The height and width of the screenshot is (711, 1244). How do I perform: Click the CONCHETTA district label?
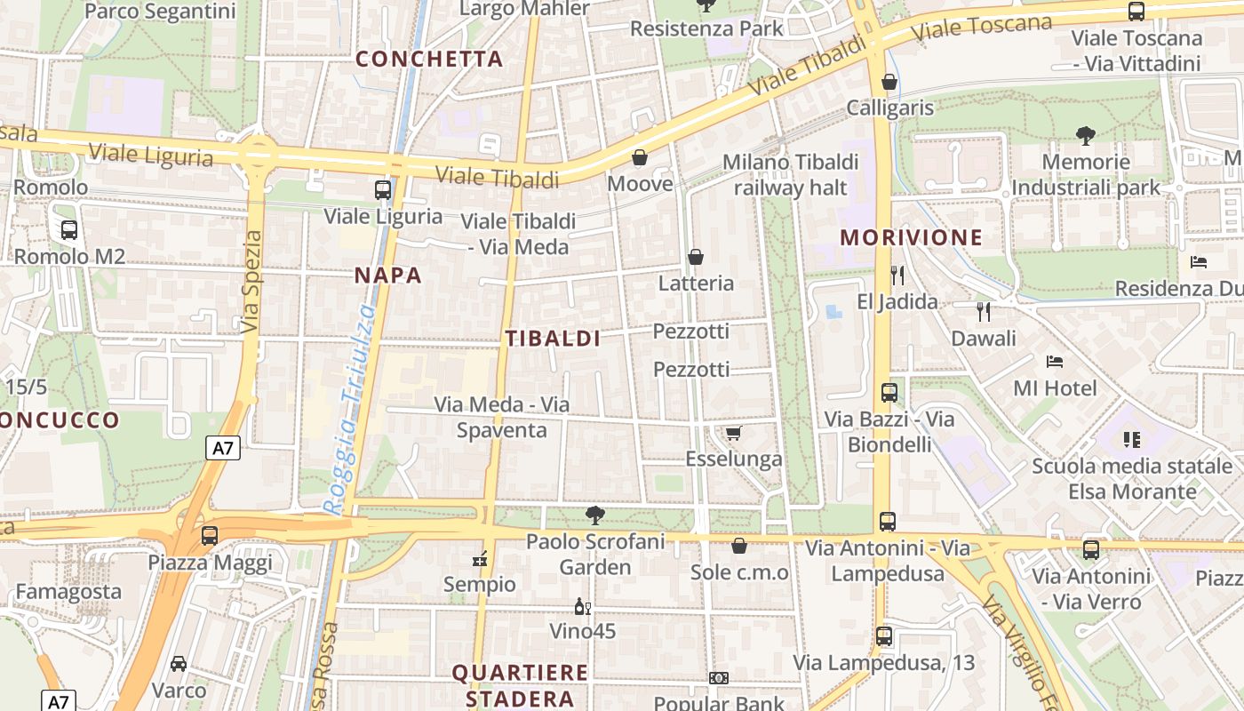click(429, 60)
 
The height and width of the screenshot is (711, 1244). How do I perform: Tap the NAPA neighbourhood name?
click(388, 276)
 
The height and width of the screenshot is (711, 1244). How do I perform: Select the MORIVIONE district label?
click(912, 238)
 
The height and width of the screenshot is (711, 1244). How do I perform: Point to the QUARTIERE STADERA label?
click(520, 685)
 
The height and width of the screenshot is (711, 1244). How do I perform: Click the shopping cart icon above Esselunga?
click(734, 433)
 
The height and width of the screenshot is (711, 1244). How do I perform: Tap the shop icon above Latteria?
click(696, 257)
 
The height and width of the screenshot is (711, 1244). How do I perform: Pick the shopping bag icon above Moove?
click(640, 158)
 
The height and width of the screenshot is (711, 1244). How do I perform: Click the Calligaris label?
click(890, 108)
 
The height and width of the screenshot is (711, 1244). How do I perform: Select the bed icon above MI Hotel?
click(1055, 361)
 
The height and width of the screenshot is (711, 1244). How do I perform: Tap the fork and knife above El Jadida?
click(897, 275)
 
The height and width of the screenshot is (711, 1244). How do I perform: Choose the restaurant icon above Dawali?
click(983, 311)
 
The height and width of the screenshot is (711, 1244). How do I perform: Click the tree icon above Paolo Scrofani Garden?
click(595, 515)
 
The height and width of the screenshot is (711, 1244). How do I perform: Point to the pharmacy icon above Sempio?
click(480, 559)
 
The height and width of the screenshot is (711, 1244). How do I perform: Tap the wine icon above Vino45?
click(583, 607)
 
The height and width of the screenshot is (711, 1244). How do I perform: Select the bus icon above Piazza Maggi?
click(210, 536)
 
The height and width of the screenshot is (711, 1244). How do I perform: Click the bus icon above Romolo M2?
click(69, 229)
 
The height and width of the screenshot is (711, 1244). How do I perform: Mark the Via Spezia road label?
click(251, 282)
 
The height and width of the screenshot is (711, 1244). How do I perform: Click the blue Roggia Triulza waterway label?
click(351, 409)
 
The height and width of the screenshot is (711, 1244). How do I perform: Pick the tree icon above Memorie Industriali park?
click(1085, 136)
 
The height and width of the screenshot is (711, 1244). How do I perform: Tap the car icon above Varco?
click(179, 663)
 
